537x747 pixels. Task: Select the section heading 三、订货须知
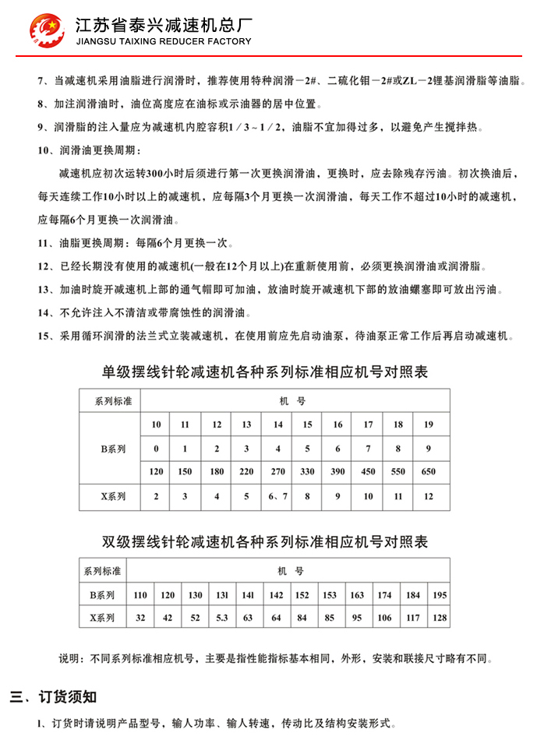pyautogui.click(x=53, y=696)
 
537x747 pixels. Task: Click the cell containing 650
pyautogui.click(x=428, y=472)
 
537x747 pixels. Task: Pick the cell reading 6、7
pyautogui.click(x=277, y=497)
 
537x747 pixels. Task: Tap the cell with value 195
pyautogui.click(x=440, y=595)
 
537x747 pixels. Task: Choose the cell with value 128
pyautogui.click(x=440, y=618)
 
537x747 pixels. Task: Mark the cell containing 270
pyautogui.click(x=277, y=472)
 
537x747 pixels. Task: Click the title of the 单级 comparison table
pyautogui.click(x=265, y=372)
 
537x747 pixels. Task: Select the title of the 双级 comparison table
pyautogui.click(x=265, y=541)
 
